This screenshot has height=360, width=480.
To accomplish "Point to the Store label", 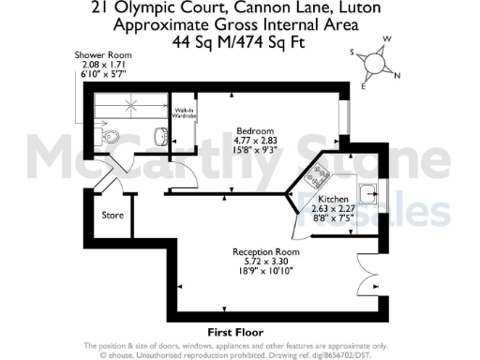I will (x=112, y=216).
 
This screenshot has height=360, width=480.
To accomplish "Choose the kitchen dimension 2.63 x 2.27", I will (x=333, y=210).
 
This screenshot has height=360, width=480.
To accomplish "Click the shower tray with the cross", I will (x=125, y=108).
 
